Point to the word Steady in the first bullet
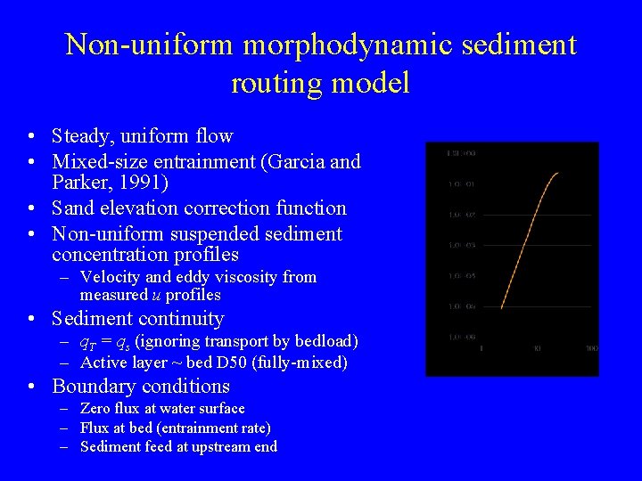[x=81, y=136]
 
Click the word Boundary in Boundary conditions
[x=91, y=387]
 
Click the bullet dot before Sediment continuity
[x=32, y=319]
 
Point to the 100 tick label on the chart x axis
[x=591, y=349]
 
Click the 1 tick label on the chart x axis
[x=481, y=349]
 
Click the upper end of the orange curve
[x=558, y=174]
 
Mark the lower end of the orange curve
[x=502, y=307]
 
